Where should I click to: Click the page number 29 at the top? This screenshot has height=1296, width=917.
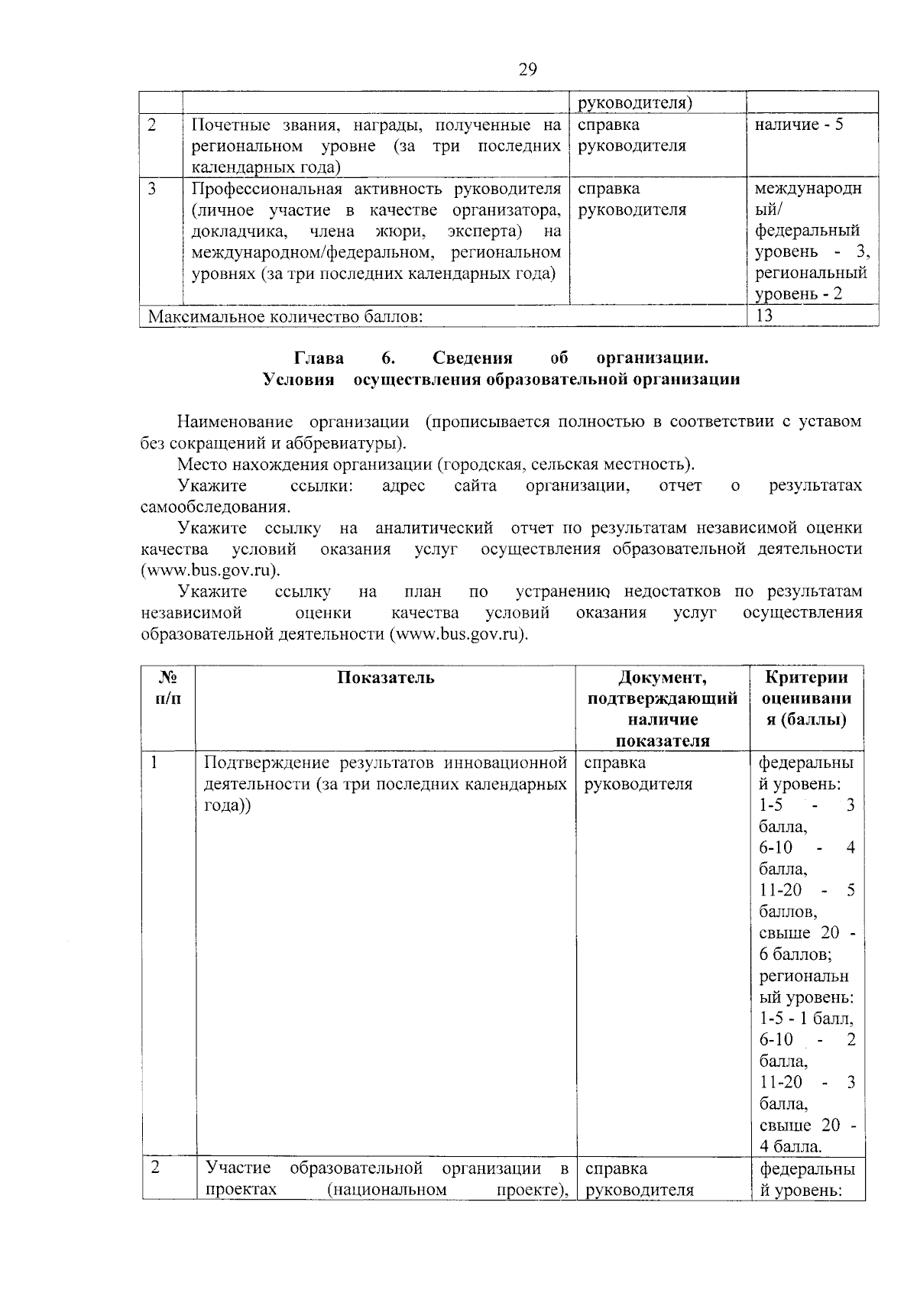pyautogui.click(x=528, y=70)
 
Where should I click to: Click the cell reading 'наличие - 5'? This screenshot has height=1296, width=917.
pyautogui.click(x=799, y=125)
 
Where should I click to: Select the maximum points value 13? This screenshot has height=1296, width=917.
pyautogui.click(x=764, y=316)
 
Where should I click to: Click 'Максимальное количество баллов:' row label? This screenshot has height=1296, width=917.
pyautogui.click(x=285, y=316)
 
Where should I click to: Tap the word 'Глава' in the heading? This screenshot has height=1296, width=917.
pyautogui.click(x=319, y=358)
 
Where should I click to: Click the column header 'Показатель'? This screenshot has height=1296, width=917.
pyautogui.click(x=386, y=677)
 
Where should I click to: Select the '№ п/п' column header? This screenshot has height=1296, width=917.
pyautogui.click(x=168, y=688)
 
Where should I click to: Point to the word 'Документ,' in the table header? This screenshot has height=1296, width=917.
pyautogui.click(x=663, y=677)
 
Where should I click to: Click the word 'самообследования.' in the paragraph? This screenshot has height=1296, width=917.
pyautogui.click(x=215, y=507)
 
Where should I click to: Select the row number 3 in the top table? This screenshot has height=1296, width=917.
pyautogui.click(x=152, y=189)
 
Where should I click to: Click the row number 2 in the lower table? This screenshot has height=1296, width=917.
pyautogui.click(x=155, y=1168)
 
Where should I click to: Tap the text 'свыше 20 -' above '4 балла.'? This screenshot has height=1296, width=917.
pyautogui.click(x=808, y=1125)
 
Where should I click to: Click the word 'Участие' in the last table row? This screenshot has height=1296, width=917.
pyautogui.click(x=238, y=1168)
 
